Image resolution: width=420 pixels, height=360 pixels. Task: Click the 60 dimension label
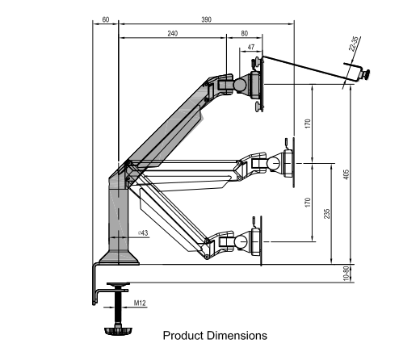[x=106, y=19]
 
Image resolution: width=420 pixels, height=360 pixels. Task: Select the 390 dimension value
[x=207, y=19]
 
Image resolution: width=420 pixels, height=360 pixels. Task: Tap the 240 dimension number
[x=173, y=33]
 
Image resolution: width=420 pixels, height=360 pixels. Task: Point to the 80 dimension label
[x=244, y=33]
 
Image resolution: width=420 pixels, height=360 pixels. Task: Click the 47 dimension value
[x=251, y=47]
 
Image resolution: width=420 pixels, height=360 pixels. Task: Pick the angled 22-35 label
[x=354, y=44]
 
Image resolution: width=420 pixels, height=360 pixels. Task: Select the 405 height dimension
[x=346, y=174]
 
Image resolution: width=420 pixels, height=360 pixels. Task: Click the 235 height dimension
[x=327, y=214]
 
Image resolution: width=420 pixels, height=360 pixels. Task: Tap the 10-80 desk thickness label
[x=346, y=274]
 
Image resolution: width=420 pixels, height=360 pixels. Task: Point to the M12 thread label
[x=140, y=303]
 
